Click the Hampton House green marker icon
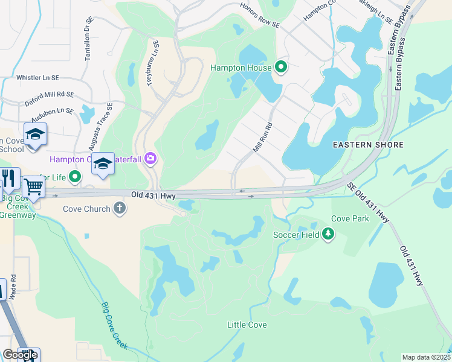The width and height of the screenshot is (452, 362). tap(281, 67)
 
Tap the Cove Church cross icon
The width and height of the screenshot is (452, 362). tap(120, 209)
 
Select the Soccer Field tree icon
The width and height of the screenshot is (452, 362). tap(328, 233)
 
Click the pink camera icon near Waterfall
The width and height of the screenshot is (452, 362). tap(150, 159)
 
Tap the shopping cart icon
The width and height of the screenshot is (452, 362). tap(33, 187)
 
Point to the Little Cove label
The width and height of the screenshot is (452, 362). tap(247, 325)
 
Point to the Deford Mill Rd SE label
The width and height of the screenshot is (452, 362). tap(49, 98)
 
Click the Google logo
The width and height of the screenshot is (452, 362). tap(19, 355)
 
